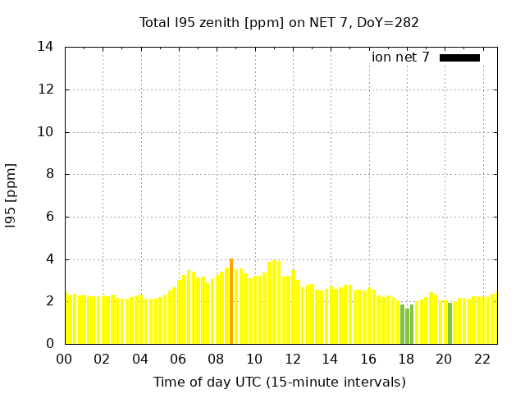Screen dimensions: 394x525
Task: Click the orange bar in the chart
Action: [231, 301]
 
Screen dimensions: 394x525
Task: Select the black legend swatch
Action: [459, 57]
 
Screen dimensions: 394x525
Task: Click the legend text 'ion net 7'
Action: [400, 57]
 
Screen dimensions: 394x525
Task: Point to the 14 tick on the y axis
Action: [46, 47]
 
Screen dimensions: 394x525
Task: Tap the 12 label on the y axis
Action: [46, 89]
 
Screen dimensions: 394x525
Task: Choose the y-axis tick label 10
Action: [46, 132]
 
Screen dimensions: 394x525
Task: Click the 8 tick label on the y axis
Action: [50, 174]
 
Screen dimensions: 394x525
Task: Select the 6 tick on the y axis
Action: [50, 217]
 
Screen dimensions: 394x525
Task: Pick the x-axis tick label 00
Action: [64, 359]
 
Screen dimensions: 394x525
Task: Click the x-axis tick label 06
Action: [178, 359]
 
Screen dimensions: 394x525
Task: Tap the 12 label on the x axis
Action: [292, 359]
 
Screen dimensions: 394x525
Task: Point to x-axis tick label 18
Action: [406, 359]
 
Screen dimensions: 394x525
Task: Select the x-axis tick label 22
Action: [482, 359]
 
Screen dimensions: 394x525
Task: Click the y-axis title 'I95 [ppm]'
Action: [11, 195]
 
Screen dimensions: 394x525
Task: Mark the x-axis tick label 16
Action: [368, 359]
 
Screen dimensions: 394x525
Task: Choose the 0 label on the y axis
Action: [50, 344]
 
